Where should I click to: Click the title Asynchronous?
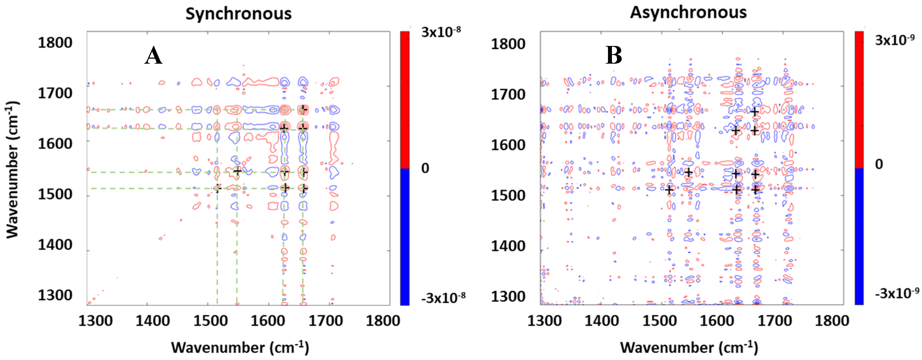688,12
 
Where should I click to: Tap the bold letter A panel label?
153,56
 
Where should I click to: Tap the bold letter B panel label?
614,56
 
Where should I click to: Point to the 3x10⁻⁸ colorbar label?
441,32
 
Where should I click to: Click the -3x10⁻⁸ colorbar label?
443,298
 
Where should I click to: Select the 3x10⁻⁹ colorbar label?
895,40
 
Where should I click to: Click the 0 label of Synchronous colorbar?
425,168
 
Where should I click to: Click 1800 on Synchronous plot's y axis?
55,43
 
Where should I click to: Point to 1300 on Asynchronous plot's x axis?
544,321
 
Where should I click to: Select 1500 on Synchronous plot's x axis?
210,321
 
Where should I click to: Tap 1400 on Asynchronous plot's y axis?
508,246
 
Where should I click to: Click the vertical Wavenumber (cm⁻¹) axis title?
12,170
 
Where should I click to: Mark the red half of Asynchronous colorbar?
859,100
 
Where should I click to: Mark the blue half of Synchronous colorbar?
405,236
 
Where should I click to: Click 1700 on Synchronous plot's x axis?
325,321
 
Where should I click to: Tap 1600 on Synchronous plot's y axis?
55,144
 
